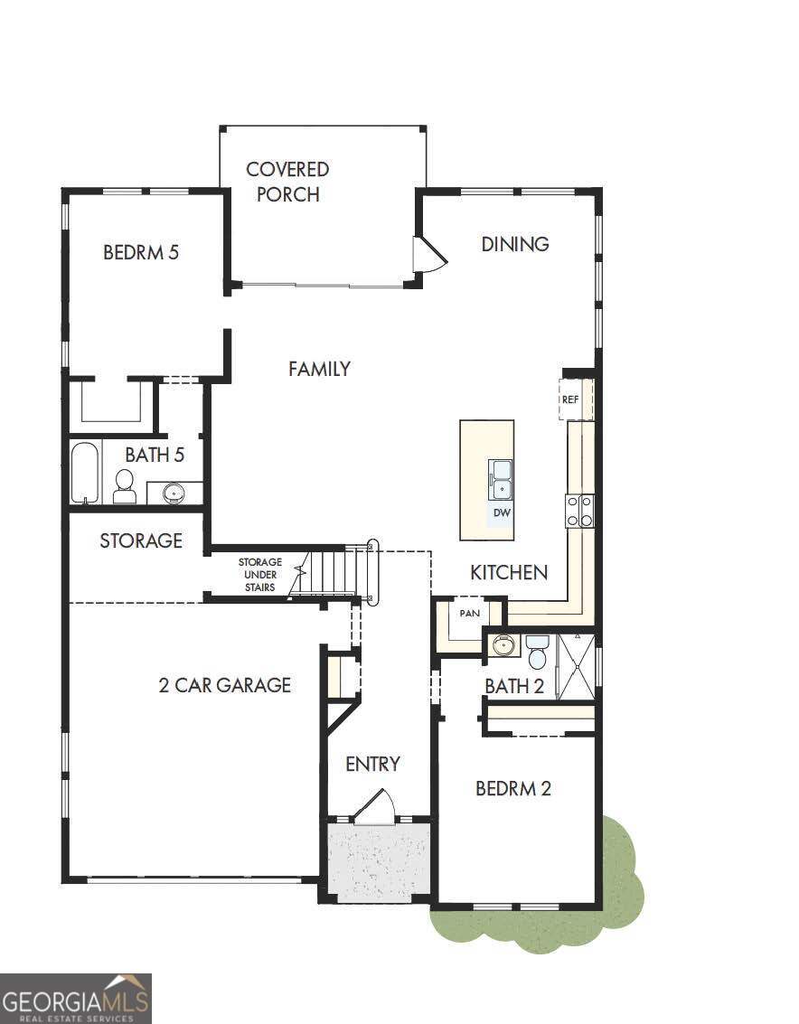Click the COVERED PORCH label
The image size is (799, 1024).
click(287, 182)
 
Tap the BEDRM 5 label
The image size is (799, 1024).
click(141, 252)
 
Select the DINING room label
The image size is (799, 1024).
click(515, 244)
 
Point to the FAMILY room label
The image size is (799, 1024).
click(320, 369)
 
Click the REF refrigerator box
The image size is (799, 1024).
click(571, 399)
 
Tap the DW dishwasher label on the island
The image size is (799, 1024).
click(503, 513)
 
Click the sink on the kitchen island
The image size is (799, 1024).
click(501, 479)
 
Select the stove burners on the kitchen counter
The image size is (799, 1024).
click(580, 511)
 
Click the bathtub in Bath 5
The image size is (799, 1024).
click(85, 472)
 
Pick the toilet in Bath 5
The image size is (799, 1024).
click(125, 486)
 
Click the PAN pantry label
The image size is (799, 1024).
click(469, 613)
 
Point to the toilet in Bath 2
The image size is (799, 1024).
click(538, 651)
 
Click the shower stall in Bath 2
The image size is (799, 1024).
click(576, 666)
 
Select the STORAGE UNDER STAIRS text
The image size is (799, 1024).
click(259, 574)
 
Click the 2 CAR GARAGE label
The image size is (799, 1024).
click(225, 685)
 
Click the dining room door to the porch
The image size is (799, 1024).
click(428, 255)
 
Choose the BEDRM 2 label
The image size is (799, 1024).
click(513, 788)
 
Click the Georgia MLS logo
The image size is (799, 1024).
click(76, 998)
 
